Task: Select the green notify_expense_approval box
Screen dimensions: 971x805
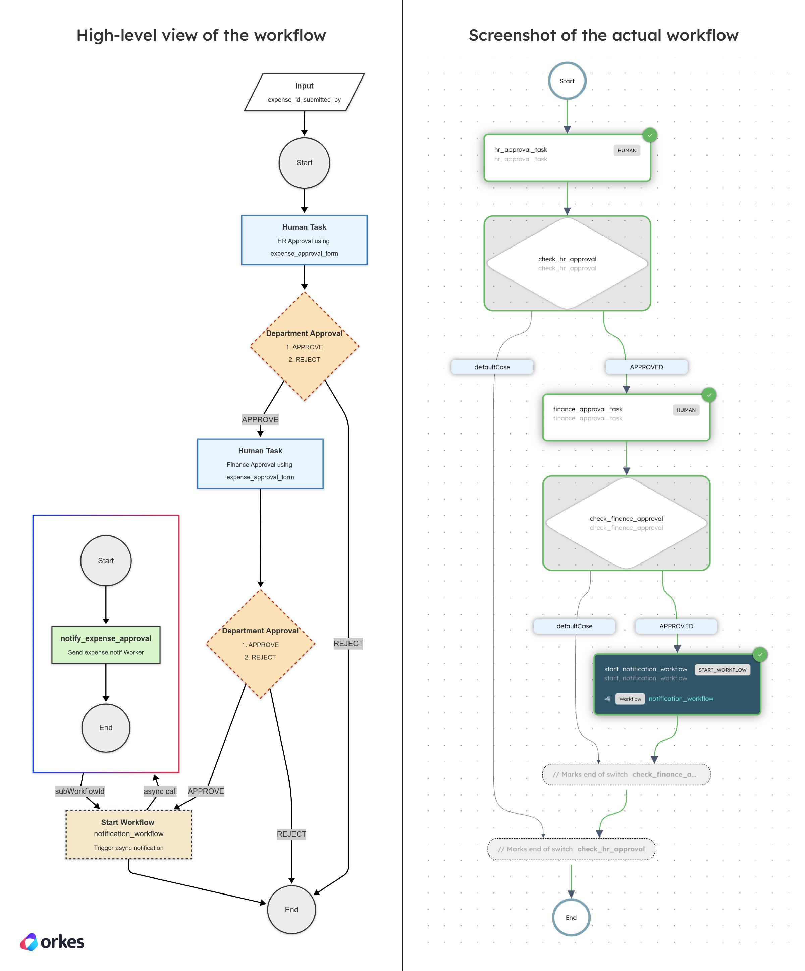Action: tap(106, 645)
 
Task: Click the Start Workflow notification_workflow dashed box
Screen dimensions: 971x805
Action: tap(128, 834)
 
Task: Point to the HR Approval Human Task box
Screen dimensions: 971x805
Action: tap(304, 240)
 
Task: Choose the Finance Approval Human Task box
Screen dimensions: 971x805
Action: tap(260, 463)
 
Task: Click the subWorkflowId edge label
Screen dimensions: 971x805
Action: tap(79, 791)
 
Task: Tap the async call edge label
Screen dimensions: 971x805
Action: tap(160, 791)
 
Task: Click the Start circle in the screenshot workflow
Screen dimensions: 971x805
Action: tap(567, 81)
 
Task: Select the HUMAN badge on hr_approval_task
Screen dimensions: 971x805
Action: tap(627, 150)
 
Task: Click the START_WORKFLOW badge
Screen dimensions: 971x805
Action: tap(722, 669)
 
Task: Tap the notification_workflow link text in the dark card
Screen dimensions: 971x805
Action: tap(681, 699)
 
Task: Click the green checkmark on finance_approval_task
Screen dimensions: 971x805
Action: tap(709, 395)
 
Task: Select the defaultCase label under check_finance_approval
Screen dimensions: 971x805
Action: tap(574, 626)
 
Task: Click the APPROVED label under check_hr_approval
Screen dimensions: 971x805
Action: tap(646, 367)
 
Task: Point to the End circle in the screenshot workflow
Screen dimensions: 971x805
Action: tap(571, 917)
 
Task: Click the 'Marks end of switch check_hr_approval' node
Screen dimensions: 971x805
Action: tap(571, 849)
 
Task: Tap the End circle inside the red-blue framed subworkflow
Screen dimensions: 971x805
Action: tap(106, 727)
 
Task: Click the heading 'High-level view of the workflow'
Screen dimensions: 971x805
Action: tap(201, 35)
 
